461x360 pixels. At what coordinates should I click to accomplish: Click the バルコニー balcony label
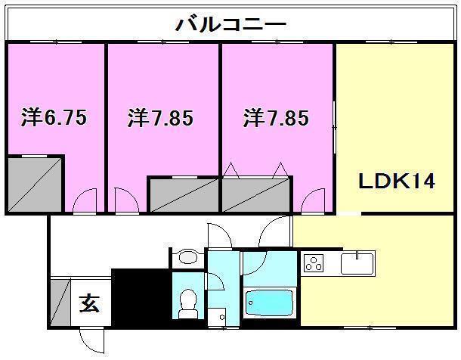(230, 23)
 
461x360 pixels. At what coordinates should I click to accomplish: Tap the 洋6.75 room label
(54, 119)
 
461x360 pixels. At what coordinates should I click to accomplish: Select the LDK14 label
(396, 183)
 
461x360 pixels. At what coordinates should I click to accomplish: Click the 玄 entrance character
(90, 305)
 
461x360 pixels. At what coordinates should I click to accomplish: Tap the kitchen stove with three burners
(314, 263)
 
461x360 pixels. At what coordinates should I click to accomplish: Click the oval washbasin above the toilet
(187, 259)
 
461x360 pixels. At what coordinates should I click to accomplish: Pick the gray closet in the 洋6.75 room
(35, 183)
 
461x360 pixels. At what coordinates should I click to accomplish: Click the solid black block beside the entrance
(139, 296)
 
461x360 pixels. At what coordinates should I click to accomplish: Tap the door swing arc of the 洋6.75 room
(86, 202)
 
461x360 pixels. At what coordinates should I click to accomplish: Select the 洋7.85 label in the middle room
(160, 119)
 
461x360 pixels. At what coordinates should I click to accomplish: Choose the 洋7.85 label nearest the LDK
(276, 119)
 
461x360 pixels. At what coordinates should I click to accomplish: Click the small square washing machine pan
(217, 318)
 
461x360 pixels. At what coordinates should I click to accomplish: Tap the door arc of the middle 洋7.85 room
(125, 202)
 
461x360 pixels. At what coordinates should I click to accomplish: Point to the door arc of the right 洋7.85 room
(312, 202)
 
